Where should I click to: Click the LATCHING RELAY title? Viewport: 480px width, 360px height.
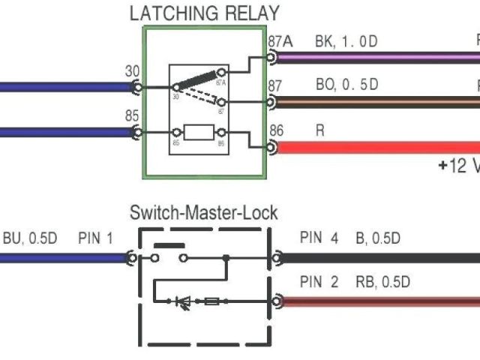point(204,13)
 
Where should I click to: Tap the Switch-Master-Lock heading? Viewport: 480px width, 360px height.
point(203,213)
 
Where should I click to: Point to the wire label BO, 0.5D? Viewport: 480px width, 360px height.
point(346,85)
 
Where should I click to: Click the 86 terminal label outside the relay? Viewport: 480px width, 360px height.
point(277,130)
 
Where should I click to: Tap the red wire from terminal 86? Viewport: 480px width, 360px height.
point(375,147)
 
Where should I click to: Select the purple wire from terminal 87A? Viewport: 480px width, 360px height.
point(375,57)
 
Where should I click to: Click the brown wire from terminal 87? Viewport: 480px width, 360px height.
point(375,102)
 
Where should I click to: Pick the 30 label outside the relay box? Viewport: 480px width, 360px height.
point(132,72)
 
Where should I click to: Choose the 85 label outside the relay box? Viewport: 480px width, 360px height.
point(132,116)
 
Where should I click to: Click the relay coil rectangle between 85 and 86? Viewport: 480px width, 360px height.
point(199,133)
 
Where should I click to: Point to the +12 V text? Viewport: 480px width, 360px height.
point(457,166)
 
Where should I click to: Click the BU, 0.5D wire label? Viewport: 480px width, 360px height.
point(30,239)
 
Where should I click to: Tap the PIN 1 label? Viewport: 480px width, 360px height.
point(95,239)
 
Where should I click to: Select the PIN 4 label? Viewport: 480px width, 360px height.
point(319,239)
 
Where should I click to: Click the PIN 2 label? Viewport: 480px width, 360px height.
point(319,283)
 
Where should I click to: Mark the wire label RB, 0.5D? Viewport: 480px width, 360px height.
point(382,283)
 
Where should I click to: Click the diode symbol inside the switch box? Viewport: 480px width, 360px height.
point(182,301)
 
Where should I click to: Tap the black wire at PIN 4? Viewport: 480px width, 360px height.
point(375,257)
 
